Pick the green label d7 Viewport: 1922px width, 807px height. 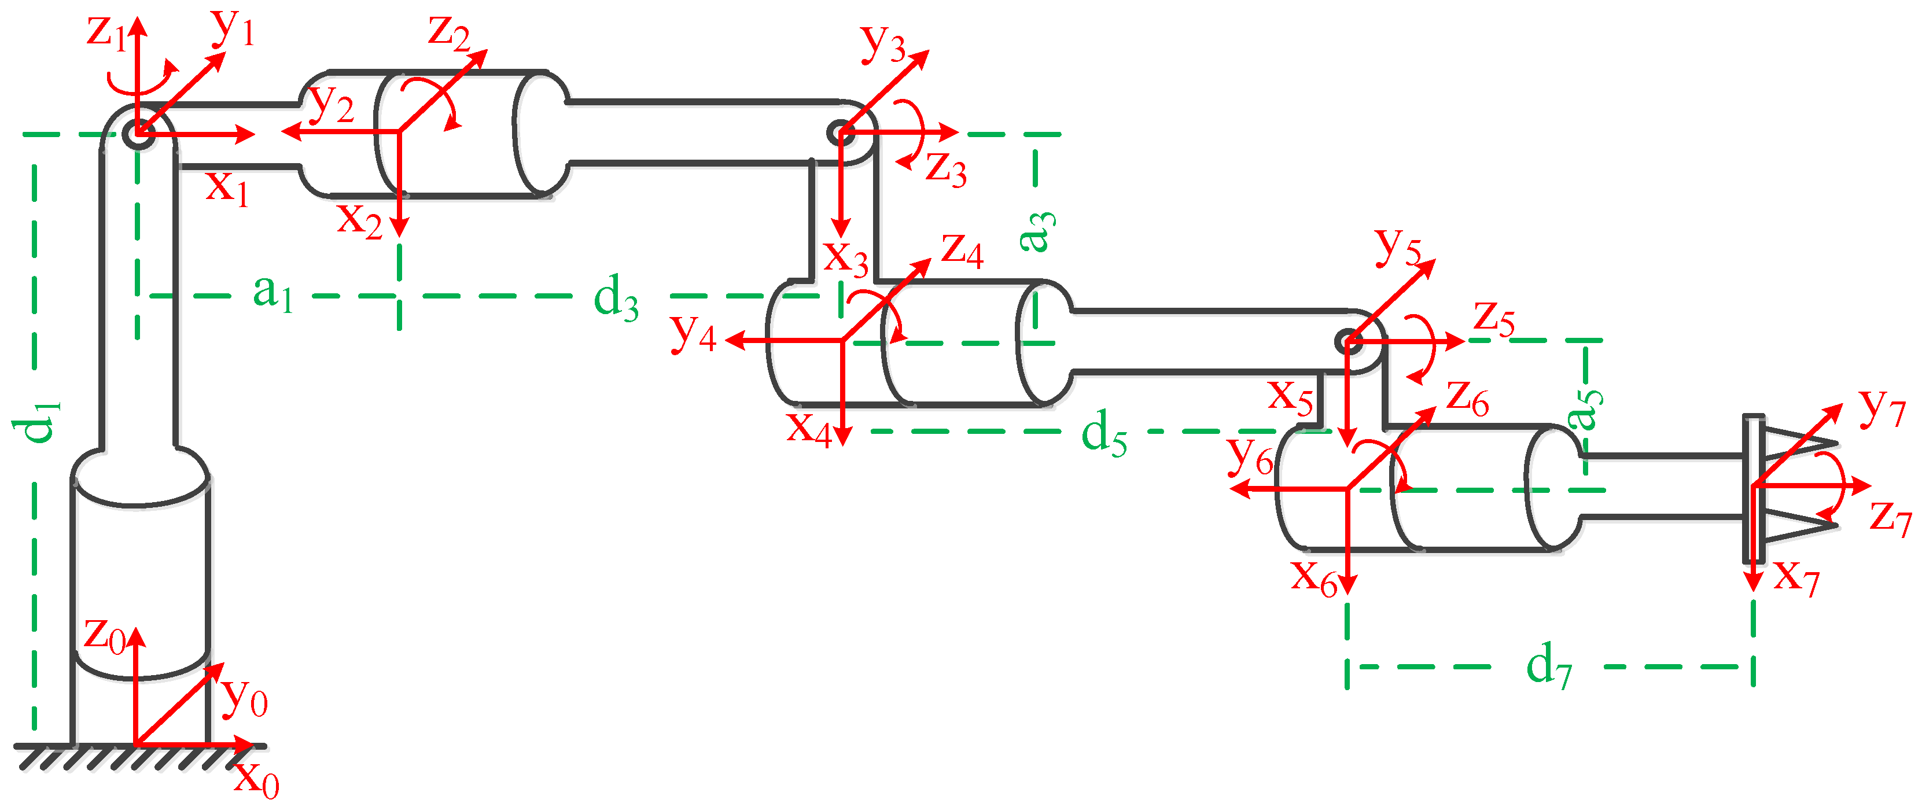(x=1549, y=666)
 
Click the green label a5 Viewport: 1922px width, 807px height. (x=1585, y=409)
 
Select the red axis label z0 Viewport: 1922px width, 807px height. (x=105, y=635)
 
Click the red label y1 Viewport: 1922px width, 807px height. (x=233, y=28)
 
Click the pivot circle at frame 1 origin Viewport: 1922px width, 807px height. (x=139, y=135)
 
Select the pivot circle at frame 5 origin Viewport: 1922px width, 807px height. (x=1348, y=342)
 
